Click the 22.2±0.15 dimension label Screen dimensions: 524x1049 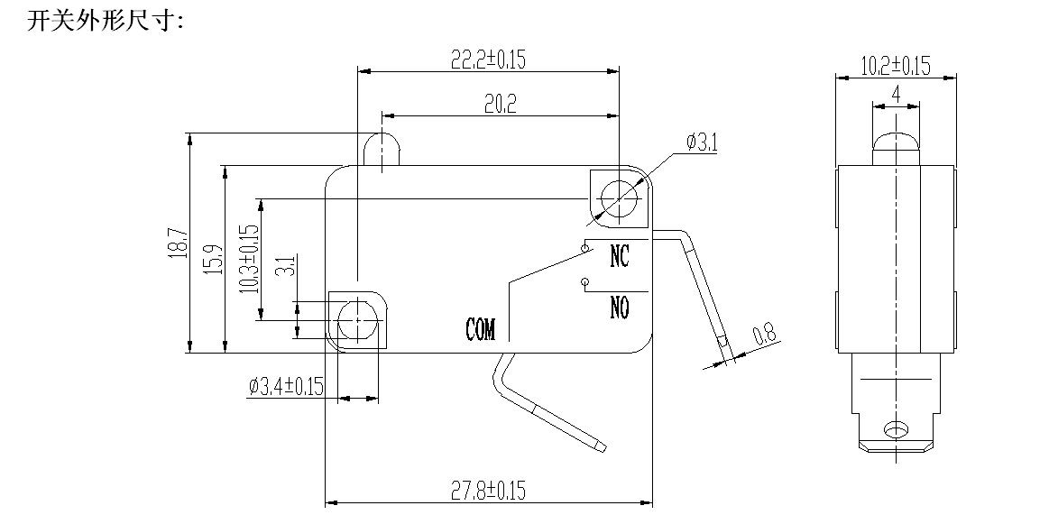(488, 59)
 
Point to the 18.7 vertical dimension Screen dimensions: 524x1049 (179, 244)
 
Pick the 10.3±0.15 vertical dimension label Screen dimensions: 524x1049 (249, 259)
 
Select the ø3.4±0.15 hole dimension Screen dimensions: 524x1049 (285, 388)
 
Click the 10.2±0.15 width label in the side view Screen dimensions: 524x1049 (895, 66)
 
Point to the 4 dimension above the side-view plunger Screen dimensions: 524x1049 (896, 93)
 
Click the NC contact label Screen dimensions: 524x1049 (619, 256)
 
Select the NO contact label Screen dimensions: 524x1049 (619, 308)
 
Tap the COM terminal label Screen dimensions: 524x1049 (481, 329)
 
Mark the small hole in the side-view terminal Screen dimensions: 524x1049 (895, 429)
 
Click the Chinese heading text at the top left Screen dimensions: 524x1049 (106, 21)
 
